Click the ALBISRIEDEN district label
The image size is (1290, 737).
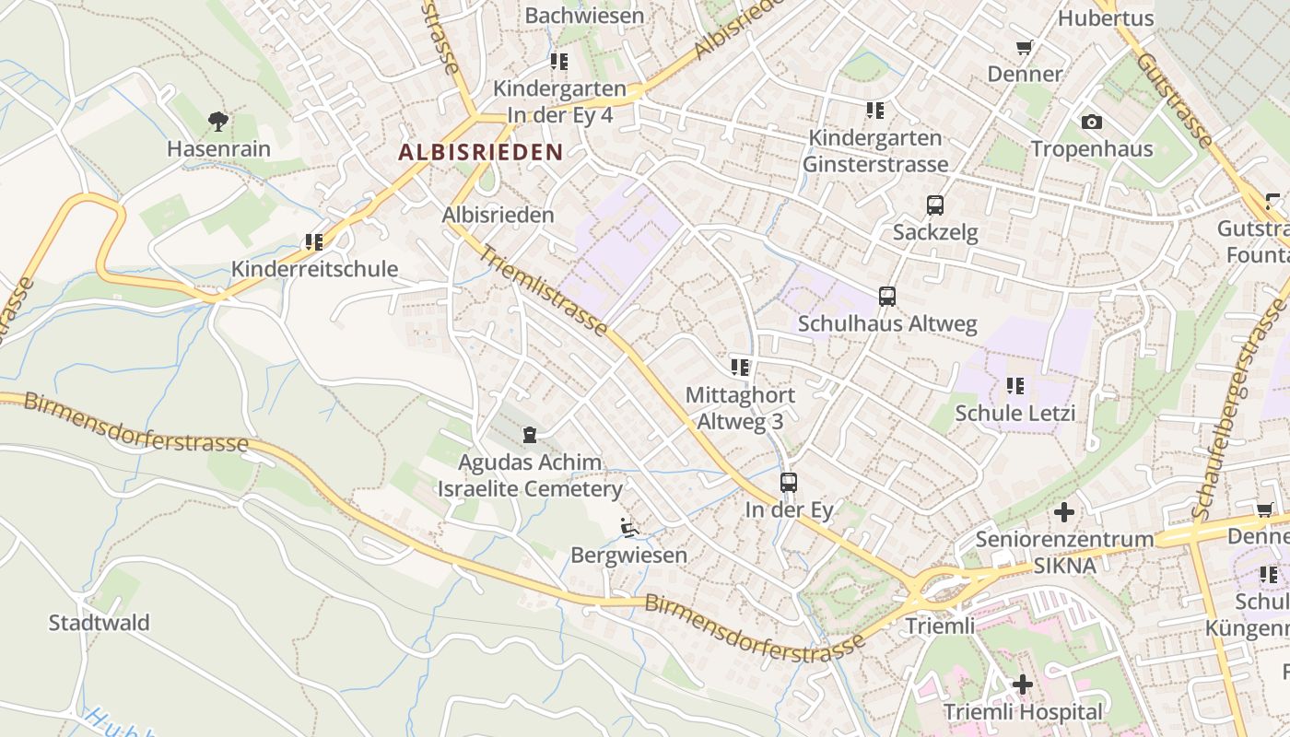pos(480,152)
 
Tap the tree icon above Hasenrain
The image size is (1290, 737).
pos(218,121)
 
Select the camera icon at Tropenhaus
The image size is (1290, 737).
pos(1091,122)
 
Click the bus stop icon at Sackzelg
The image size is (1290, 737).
pos(935,205)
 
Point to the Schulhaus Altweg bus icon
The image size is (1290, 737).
pos(887,297)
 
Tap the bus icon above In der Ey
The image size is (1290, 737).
pos(789,483)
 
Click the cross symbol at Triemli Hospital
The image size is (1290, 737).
pos(1022,684)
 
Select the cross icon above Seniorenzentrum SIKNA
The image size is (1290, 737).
pos(1064,512)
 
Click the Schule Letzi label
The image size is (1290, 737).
pos(1014,413)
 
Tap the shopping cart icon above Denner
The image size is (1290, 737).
pos(1024,47)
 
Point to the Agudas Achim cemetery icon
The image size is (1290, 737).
pos(530,435)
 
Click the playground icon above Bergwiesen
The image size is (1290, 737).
pos(629,528)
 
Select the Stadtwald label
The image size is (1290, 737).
pos(99,623)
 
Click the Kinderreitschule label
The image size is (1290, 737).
pos(314,269)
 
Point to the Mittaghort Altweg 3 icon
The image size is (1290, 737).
pos(740,368)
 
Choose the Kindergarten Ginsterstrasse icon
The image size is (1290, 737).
pos(875,111)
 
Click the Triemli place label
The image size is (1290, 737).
pos(940,626)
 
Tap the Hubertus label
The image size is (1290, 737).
pos(1105,18)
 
